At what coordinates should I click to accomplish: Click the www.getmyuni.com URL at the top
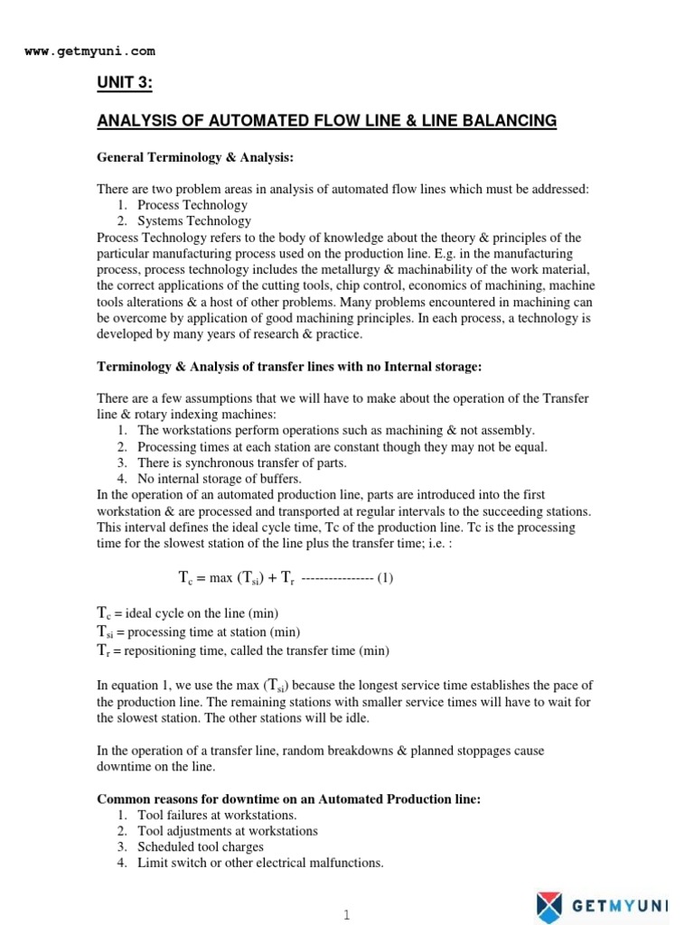(x=89, y=51)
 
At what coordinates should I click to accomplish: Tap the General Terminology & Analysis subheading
(x=196, y=157)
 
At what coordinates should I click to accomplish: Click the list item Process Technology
(x=192, y=205)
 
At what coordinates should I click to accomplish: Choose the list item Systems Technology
(x=194, y=220)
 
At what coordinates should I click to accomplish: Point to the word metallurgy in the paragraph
(x=366, y=269)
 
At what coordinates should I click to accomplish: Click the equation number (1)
(x=386, y=578)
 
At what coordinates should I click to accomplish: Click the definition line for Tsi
(x=198, y=631)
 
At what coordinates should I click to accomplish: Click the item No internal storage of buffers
(x=220, y=479)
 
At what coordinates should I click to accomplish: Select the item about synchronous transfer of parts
(x=242, y=462)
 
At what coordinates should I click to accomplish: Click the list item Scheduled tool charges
(x=201, y=846)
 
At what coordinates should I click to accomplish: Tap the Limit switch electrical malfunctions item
(x=260, y=863)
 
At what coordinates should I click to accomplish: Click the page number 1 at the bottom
(x=345, y=914)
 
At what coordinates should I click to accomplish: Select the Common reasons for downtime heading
(x=289, y=799)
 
